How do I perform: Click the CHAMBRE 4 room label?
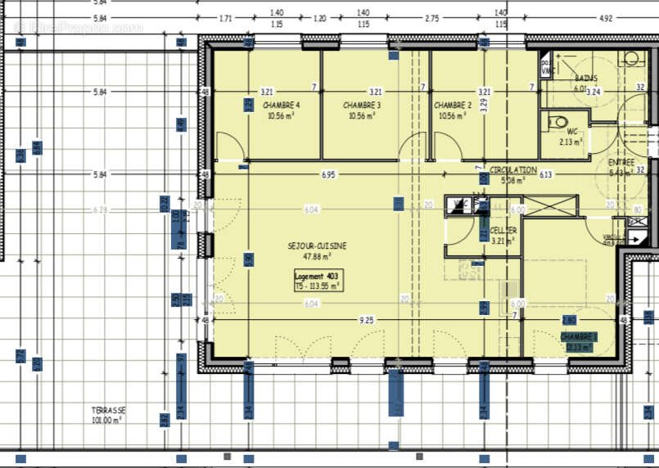pos(281,106)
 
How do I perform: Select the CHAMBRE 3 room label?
pos(362,106)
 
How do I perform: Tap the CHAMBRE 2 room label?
pos(453,106)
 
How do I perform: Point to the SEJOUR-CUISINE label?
pos(316,245)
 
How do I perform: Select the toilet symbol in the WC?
pos(560,123)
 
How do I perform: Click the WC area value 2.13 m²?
pos(571,142)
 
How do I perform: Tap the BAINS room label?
pos(585,79)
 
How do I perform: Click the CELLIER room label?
pos(503,231)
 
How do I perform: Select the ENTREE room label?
pos(621,162)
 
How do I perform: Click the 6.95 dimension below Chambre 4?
pos(328,174)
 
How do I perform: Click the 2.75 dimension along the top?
pos(431,17)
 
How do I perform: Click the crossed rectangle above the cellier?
pos(550,206)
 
